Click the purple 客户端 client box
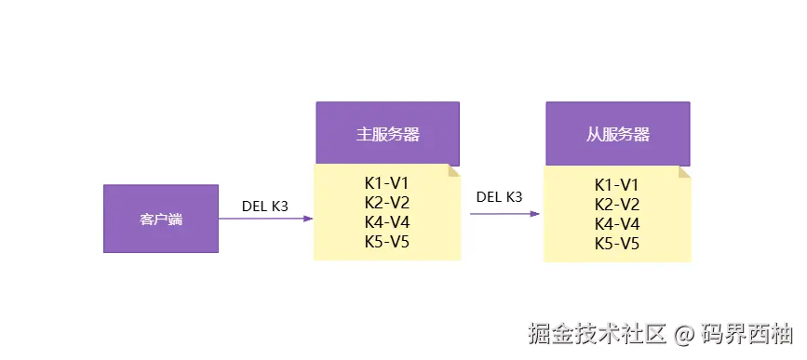(x=161, y=220)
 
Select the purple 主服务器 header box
(x=387, y=134)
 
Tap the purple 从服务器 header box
(x=618, y=134)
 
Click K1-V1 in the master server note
(x=387, y=182)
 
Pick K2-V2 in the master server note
(x=387, y=202)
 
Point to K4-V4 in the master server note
(x=387, y=222)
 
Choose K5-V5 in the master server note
(x=387, y=242)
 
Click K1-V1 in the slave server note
(x=617, y=184)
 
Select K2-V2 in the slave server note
(x=617, y=204)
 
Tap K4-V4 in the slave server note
(x=617, y=224)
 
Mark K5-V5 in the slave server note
(x=617, y=244)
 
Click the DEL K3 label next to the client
(x=265, y=206)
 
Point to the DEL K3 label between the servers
(x=499, y=196)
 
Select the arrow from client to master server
(x=265, y=220)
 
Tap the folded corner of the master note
(x=454, y=171)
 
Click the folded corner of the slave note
(x=684, y=172)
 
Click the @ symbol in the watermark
(x=684, y=333)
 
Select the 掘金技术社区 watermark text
(x=597, y=333)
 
